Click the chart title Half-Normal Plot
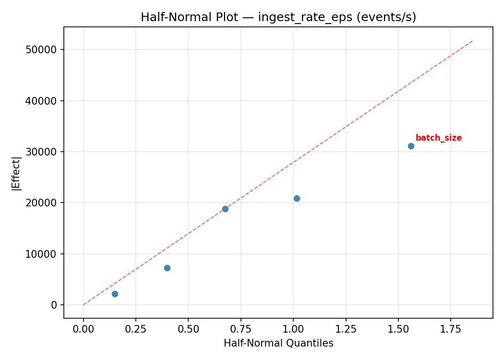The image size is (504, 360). (278, 17)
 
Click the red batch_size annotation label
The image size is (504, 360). (438, 138)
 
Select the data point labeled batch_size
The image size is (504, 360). (411, 146)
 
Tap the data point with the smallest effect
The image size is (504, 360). (115, 294)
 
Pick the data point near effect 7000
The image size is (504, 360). (167, 268)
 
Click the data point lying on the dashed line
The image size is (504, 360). (225, 209)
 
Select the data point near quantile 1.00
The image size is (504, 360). (297, 198)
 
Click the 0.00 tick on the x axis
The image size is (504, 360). (84, 330)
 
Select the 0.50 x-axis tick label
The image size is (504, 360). (188, 330)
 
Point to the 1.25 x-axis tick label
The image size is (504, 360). (346, 330)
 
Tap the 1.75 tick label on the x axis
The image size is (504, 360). (451, 330)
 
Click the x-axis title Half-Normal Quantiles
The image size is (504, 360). (278, 344)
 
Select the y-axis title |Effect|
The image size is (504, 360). (17, 173)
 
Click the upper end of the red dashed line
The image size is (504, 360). (473, 41)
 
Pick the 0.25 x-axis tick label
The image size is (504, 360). (136, 330)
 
